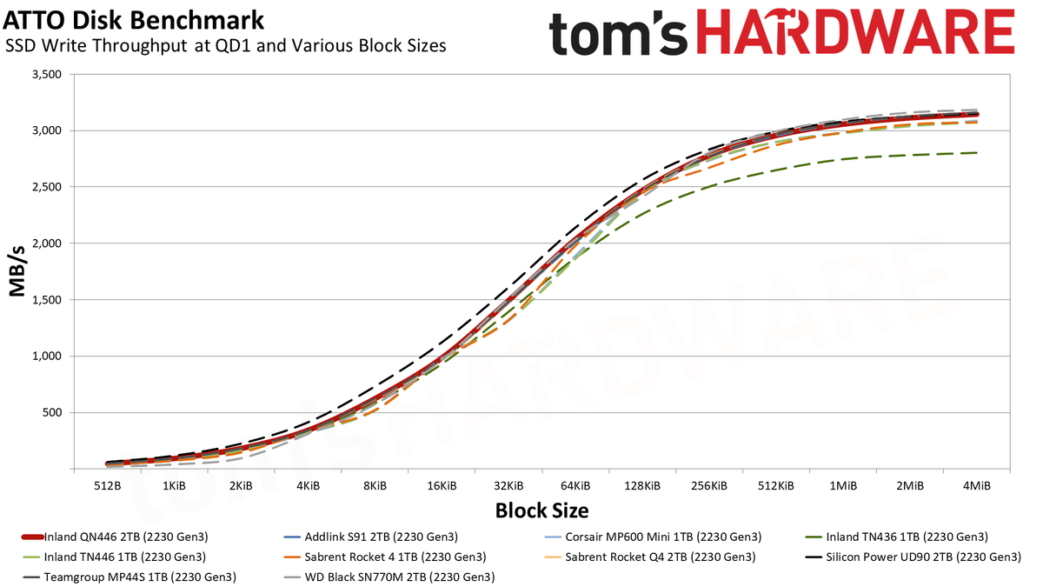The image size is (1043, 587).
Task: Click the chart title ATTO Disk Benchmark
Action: pos(133,21)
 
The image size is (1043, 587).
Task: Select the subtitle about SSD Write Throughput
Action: pos(226,45)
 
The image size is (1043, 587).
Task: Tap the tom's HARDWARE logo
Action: pos(781,33)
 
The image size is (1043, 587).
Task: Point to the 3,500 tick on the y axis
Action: pos(47,74)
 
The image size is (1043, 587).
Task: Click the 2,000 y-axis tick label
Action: pos(47,243)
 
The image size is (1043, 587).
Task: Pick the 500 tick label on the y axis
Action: pos(52,412)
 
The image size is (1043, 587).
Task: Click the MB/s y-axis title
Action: pos(17,271)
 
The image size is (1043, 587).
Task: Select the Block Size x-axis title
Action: pos(542,510)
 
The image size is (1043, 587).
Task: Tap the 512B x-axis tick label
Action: pos(108,486)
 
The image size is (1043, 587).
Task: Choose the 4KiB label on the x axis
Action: pos(309,486)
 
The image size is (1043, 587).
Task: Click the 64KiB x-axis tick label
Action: pos(575,486)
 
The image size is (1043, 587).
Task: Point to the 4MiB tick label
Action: pos(977,486)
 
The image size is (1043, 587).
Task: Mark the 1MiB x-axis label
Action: pos(843,486)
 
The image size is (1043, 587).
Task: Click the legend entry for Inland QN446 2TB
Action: pos(115,537)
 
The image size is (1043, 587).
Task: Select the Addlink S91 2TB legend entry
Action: pos(370,537)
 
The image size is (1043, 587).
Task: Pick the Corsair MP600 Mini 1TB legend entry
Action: pos(653,537)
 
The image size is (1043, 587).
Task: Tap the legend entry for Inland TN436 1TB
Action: pos(896,537)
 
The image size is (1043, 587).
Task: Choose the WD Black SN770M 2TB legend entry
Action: pos(389,577)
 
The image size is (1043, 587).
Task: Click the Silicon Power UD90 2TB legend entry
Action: pos(913,557)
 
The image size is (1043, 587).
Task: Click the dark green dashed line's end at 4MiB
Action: pos(977,153)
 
